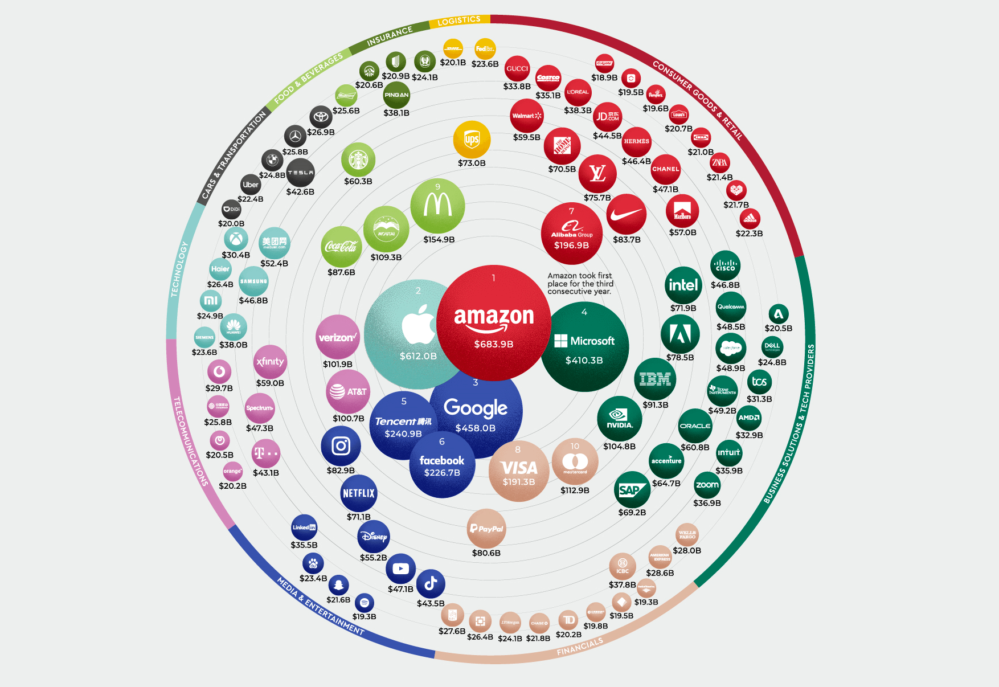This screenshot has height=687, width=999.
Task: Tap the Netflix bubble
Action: pyautogui.click(x=359, y=493)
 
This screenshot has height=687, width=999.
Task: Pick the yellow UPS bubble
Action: pyautogui.click(x=472, y=140)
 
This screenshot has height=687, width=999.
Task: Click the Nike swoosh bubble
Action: pyautogui.click(x=627, y=214)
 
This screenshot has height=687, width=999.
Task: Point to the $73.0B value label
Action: pyautogui.click(x=472, y=163)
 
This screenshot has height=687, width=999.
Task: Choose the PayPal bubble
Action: pyautogui.click(x=486, y=529)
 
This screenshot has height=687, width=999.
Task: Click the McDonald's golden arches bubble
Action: pyautogui.click(x=437, y=206)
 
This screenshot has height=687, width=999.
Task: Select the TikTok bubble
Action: pyautogui.click(x=431, y=583)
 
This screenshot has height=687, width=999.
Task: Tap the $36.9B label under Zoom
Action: pyautogui.click(x=707, y=503)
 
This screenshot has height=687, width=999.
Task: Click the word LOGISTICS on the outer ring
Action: pyautogui.click(x=459, y=21)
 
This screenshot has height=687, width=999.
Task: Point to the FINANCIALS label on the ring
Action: pyautogui.click(x=580, y=647)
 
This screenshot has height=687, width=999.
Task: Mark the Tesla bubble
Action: pyautogui.click(x=300, y=173)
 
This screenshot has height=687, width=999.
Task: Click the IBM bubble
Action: pyautogui.click(x=655, y=379)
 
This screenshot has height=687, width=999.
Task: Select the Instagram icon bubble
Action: pyautogui.click(x=341, y=446)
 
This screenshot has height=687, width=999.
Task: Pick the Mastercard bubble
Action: pyautogui.click(x=575, y=463)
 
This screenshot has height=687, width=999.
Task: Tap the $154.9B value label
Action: pyautogui.click(x=439, y=240)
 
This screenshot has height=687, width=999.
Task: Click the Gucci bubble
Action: pyautogui.click(x=517, y=69)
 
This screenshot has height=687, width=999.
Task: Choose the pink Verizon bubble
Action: pyautogui.click(x=338, y=337)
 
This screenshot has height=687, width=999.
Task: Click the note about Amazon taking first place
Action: pyautogui.click(x=580, y=284)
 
